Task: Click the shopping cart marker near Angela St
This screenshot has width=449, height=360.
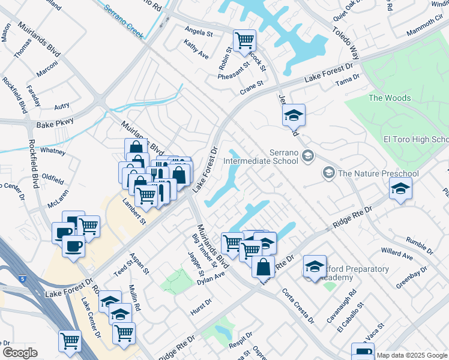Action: coord(244,41)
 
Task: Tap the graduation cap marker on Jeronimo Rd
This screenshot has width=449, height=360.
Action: coord(294,115)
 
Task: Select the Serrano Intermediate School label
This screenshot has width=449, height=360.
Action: coord(261,157)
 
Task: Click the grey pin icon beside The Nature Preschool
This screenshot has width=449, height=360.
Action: coord(328,173)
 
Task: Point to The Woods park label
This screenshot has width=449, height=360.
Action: coord(390,98)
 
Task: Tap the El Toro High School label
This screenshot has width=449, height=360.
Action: coord(416,140)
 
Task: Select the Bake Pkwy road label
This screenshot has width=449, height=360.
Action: coord(55,122)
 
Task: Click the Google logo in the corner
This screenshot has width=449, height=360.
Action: coord(20,353)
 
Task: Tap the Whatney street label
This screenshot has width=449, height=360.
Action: coord(53,152)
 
